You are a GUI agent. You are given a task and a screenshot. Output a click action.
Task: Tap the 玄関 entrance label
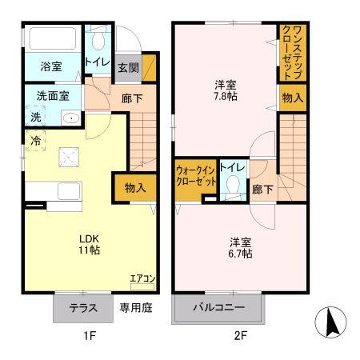[128, 67]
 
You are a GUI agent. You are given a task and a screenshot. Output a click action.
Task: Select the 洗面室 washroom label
[52, 96]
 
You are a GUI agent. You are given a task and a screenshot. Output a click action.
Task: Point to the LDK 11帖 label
[89, 244]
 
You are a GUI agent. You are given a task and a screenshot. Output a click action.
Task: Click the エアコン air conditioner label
[142, 278]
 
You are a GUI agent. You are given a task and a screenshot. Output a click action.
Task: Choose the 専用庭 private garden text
[136, 307]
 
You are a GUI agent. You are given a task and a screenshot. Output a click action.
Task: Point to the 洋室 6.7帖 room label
[240, 247]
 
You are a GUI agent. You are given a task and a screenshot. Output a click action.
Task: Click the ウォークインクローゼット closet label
[196, 175]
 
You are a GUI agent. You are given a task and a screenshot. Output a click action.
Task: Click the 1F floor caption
[90, 337]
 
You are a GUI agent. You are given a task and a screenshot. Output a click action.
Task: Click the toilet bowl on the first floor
[99, 40]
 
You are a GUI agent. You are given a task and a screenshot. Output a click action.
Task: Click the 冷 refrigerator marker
[36, 138]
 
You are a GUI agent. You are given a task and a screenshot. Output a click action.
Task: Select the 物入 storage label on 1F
[135, 187]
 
